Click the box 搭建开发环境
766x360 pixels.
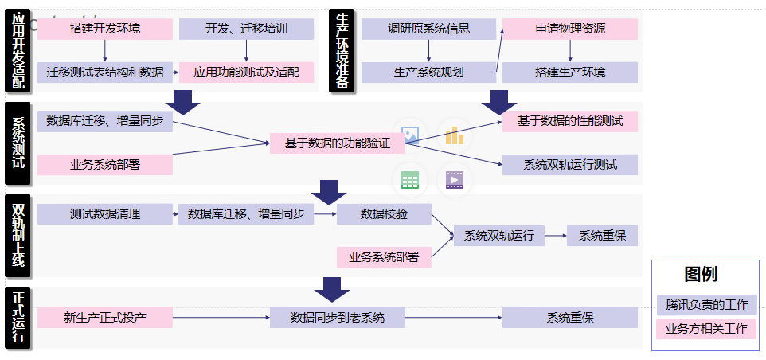point(105,29)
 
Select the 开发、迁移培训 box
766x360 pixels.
point(246,29)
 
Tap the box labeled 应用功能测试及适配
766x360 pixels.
point(246,72)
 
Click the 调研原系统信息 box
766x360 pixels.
point(428,29)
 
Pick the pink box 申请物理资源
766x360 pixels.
point(569,29)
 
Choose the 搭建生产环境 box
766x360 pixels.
point(569,72)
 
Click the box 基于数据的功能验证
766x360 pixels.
point(338,143)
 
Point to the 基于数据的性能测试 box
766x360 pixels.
point(569,122)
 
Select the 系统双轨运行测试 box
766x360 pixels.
point(569,165)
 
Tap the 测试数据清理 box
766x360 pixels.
point(105,214)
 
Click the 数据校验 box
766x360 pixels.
point(384,214)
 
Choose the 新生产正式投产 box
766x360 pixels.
point(105,318)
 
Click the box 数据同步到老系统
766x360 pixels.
point(338,318)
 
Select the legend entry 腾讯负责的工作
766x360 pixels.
point(706,305)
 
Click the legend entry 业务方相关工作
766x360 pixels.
point(706,328)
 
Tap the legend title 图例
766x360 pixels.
point(701,275)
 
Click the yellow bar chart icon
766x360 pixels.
point(454,135)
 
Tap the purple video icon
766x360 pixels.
point(454,180)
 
